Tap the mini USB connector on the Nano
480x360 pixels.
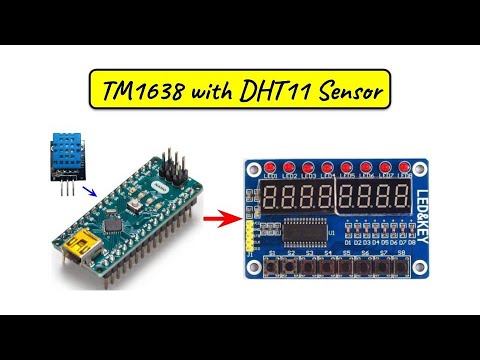[76, 246]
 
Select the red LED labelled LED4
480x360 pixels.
[327, 166]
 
